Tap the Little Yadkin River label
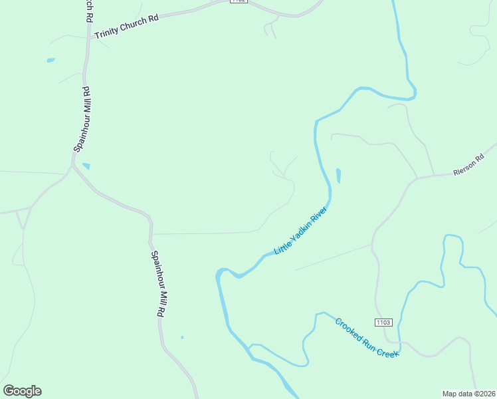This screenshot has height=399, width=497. point(302,230)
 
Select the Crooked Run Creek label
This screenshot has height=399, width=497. point(367,338)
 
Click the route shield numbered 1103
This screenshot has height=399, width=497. point(383,323)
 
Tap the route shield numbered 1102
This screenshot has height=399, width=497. point(239,2)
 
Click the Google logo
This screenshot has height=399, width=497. point(22,391)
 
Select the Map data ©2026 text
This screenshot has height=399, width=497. point(468,393)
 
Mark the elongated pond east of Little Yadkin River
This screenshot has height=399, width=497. point(338,176)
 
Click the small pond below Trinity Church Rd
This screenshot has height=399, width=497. point(50,61)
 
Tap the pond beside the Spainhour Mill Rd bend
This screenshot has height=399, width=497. point(86,166)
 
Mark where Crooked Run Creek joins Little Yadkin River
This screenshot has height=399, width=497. point(250,346)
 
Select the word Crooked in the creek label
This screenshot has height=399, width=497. point(348,329)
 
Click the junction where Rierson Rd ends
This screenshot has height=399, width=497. point(416,178)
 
